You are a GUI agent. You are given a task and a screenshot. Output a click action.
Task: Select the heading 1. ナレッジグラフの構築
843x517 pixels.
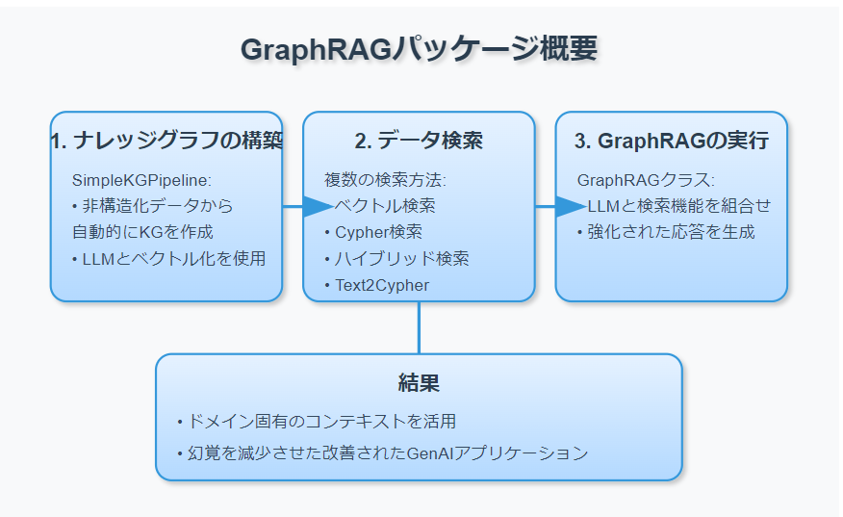tap(166, 141)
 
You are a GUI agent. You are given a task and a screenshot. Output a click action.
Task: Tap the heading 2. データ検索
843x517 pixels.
tap(419, 141)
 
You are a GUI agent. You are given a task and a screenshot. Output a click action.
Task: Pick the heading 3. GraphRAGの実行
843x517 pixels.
tap(671, 141)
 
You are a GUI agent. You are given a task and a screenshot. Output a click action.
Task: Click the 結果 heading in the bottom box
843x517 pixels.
tap(419, 383)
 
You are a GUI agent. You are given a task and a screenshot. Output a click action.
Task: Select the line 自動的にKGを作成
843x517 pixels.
tap(142, 232)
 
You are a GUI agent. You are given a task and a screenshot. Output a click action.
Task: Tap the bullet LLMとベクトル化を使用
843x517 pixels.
tap(168, 258)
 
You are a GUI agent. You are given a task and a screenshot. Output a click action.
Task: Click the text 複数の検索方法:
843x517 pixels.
tap(385, 180)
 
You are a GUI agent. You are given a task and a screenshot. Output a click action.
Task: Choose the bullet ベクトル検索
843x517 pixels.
tap(385, 206)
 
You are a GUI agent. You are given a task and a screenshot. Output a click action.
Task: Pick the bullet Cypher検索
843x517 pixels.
tap(377, 232)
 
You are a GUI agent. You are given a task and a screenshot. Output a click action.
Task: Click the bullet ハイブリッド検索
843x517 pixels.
tap(396, 258)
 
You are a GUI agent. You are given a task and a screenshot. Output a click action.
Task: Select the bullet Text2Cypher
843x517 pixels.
tap(381, 285)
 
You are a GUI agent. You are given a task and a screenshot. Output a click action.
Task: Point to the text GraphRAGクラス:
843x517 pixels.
tap(646, 180)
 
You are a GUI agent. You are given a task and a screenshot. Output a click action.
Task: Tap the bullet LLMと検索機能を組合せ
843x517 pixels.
tap(678, 206)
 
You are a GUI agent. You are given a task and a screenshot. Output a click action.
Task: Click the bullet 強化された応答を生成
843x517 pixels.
tap(665, 232)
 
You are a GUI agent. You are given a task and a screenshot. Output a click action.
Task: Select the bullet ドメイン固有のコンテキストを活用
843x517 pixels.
tap(317, 422)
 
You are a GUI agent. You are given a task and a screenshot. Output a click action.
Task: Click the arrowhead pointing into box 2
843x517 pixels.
tap(319, 206)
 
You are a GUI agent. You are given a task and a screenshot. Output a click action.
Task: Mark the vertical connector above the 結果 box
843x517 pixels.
tap(419, 327)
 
